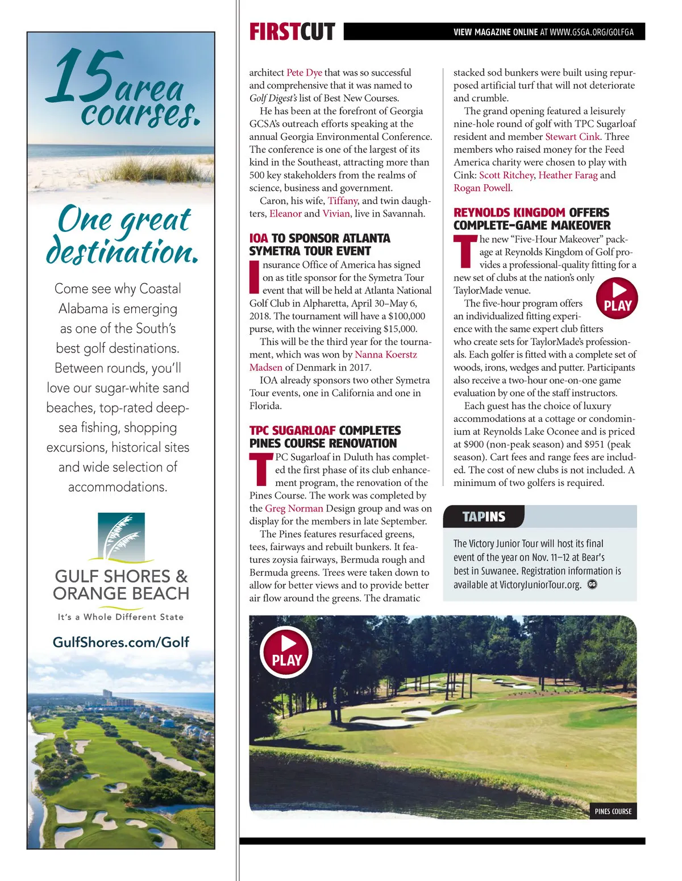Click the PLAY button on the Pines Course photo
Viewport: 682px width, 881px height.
286,652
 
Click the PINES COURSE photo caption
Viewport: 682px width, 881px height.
613,811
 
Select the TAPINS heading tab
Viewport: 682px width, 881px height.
484,517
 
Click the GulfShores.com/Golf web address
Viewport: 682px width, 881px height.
121,642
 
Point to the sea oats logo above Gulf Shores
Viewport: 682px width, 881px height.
121,537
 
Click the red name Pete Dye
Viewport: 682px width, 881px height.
304,73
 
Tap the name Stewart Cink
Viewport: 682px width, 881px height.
572,136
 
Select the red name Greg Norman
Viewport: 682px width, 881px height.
294,508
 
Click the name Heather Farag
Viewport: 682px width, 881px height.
568,175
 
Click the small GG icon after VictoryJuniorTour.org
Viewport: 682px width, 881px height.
592,584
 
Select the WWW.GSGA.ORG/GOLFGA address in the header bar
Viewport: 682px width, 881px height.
592,32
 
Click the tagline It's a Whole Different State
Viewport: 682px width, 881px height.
120,617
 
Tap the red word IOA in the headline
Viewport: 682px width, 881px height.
259,238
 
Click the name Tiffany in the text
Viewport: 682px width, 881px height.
342,201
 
